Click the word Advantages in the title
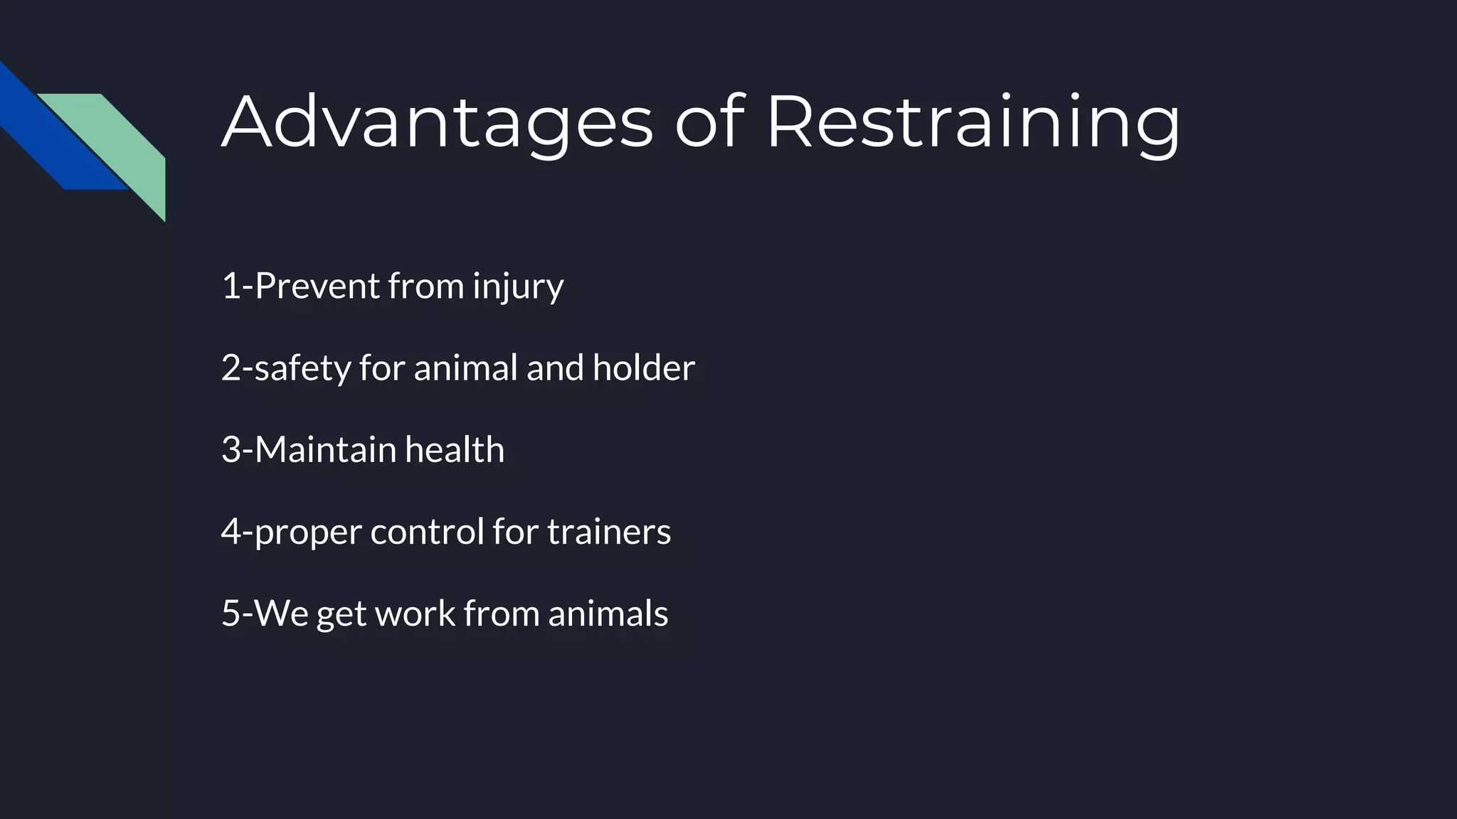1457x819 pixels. [437, 122]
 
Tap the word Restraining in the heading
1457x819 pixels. [973, 122]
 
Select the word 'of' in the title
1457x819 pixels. [709, 122]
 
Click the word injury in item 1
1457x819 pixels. [518, 287]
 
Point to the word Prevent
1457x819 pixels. [317, 286]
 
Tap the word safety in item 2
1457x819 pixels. [302, 368]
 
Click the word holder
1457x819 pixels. [643, 368]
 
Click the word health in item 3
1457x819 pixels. [455, 449]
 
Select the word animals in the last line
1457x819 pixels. [608, 613]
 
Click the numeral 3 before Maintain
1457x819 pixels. [231, 449]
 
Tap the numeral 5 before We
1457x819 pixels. [231, 613]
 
